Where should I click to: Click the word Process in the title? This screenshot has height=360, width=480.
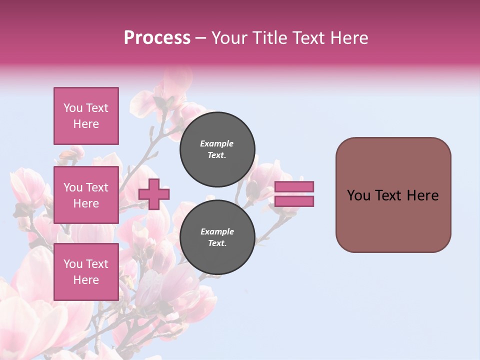pyautogui.click(x=157, y=38)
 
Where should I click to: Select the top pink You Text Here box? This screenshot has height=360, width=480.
pyautogui.click(x=86, y=116)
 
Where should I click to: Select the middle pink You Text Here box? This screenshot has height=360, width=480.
pyautogui.click(x=86, y=195)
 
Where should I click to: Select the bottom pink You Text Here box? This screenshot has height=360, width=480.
pyautogui.click(x=86, y=271)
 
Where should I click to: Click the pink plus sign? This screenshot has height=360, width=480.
pyautogui.click(x=154, y=194)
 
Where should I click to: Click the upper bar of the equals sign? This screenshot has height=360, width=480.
pyautogui.click(x=294, y=186)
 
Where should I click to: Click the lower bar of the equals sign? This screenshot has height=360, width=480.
pyautogui.click(x=294, y=201)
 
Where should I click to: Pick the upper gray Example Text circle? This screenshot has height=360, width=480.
pyautogui.click(x=217, y=149)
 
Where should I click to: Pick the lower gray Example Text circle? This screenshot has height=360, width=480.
pyautogui.click(x=217, y=237)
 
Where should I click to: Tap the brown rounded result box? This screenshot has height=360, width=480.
pyautogui.click(x=393, y=195)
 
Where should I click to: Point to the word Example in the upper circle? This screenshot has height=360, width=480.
pyautogui.click(x=217, y=143)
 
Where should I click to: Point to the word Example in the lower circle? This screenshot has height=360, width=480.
pyautogui.click(x=217, y=231)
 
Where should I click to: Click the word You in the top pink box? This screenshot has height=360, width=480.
pyautogui.click(x=73, y=108)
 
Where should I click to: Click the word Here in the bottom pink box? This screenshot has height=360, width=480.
pyautogui.click(x=86, y=280)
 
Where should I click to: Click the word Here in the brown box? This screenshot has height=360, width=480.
pyautogui.click(x=423, y=195)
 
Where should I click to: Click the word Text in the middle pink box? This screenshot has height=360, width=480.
pyautogui.click(x=97, y=187)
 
